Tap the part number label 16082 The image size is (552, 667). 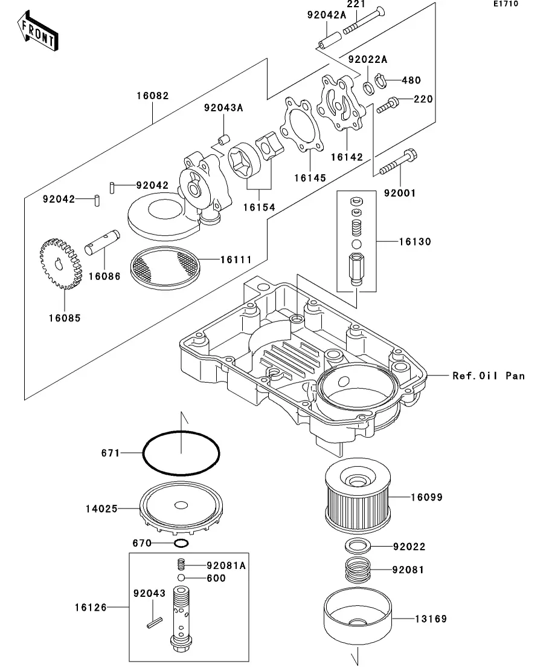[152, 96]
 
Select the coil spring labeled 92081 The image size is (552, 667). [358, 570]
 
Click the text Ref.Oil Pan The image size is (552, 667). [489, 376]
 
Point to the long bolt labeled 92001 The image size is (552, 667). [399, 163]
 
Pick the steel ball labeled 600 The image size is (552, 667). [181, 578]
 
